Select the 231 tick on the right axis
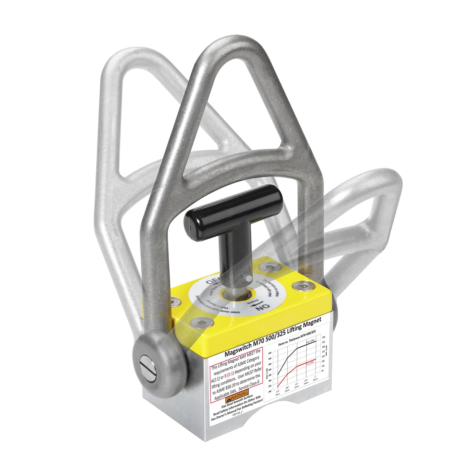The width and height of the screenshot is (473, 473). coord(323,337)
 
